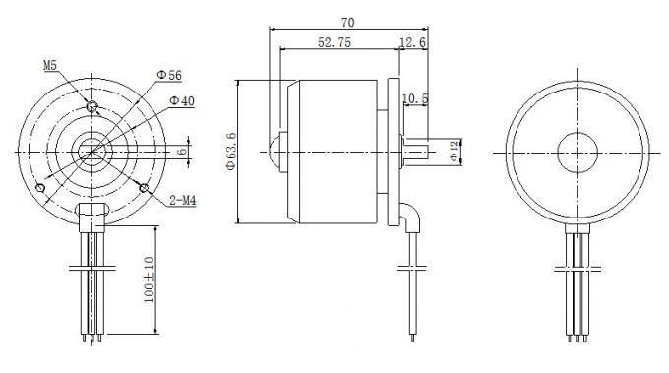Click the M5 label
coord(50,65)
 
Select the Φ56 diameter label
coord(169,75)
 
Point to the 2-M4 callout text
coord(183,201)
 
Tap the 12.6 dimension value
coord(413,43)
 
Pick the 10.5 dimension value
coord(417,98)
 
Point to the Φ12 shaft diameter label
coord(453,151)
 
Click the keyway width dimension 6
coord(182,152)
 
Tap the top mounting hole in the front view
coord(91,105)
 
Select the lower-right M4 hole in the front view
coord(145,187)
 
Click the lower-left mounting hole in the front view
coord(39,187)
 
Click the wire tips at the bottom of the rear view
coord(577,340)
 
